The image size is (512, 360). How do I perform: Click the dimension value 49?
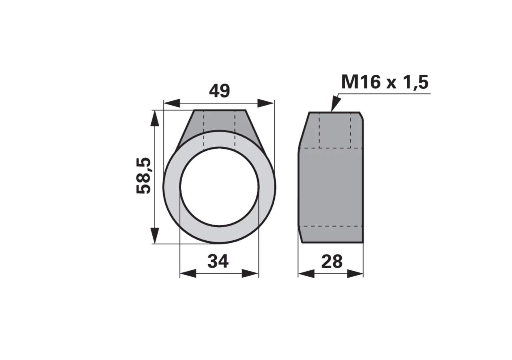[219, 91]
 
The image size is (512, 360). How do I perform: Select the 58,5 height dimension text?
[144, 176]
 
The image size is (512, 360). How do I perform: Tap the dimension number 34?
[218, 261]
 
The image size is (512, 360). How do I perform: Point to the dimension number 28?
[332, 262]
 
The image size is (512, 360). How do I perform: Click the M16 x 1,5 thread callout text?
[384, 82]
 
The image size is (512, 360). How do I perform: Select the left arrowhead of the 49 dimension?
[172, 103]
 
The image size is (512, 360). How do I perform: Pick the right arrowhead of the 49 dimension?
[266, 103]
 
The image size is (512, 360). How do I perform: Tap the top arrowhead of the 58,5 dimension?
[155, 118]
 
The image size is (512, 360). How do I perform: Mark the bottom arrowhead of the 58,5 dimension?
[155, 236]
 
